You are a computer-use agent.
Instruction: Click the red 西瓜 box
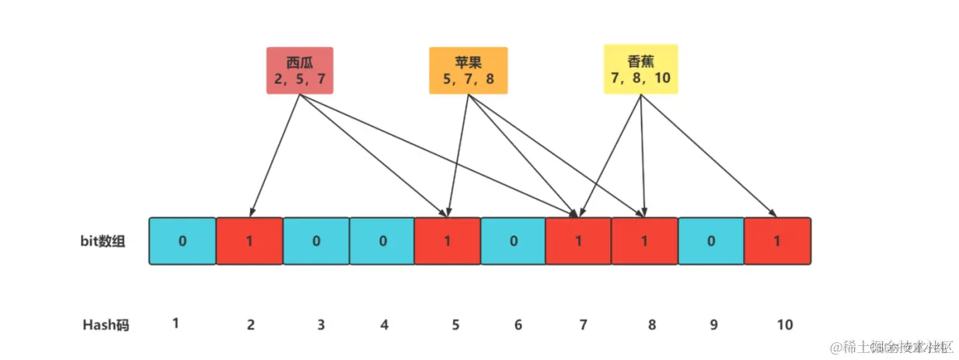click(x=300, y=70)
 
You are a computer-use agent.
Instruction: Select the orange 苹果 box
click(x=468, y=70)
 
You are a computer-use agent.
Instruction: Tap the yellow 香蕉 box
click(x=640, y=68)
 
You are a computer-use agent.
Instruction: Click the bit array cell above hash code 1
click(x=182, y=241)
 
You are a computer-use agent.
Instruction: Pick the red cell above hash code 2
click(x=249, y=241)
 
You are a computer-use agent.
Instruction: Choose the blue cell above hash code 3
click(x=316, y=241)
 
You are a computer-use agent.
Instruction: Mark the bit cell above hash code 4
click(x=382, y=241)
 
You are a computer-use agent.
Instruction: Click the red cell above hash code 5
click(x=447, y=241)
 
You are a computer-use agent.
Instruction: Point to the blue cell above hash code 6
click(x=513, y=241)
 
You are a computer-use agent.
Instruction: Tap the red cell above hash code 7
click(x=578, y=241)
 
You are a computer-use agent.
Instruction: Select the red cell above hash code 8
click(x=644, y=241)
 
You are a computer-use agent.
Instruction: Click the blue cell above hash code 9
click(x=710, y=241)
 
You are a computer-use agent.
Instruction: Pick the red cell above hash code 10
click(x=777, y=241)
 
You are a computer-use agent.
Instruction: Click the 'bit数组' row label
click(x=103, y=241)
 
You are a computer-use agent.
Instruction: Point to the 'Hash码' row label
click(x=106, y=325)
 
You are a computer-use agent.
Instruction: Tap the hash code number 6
click(x=518, y=325)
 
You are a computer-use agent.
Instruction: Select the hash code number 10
click(x=785, y=325)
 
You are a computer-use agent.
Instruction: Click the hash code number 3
click(x=321, y=325)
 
